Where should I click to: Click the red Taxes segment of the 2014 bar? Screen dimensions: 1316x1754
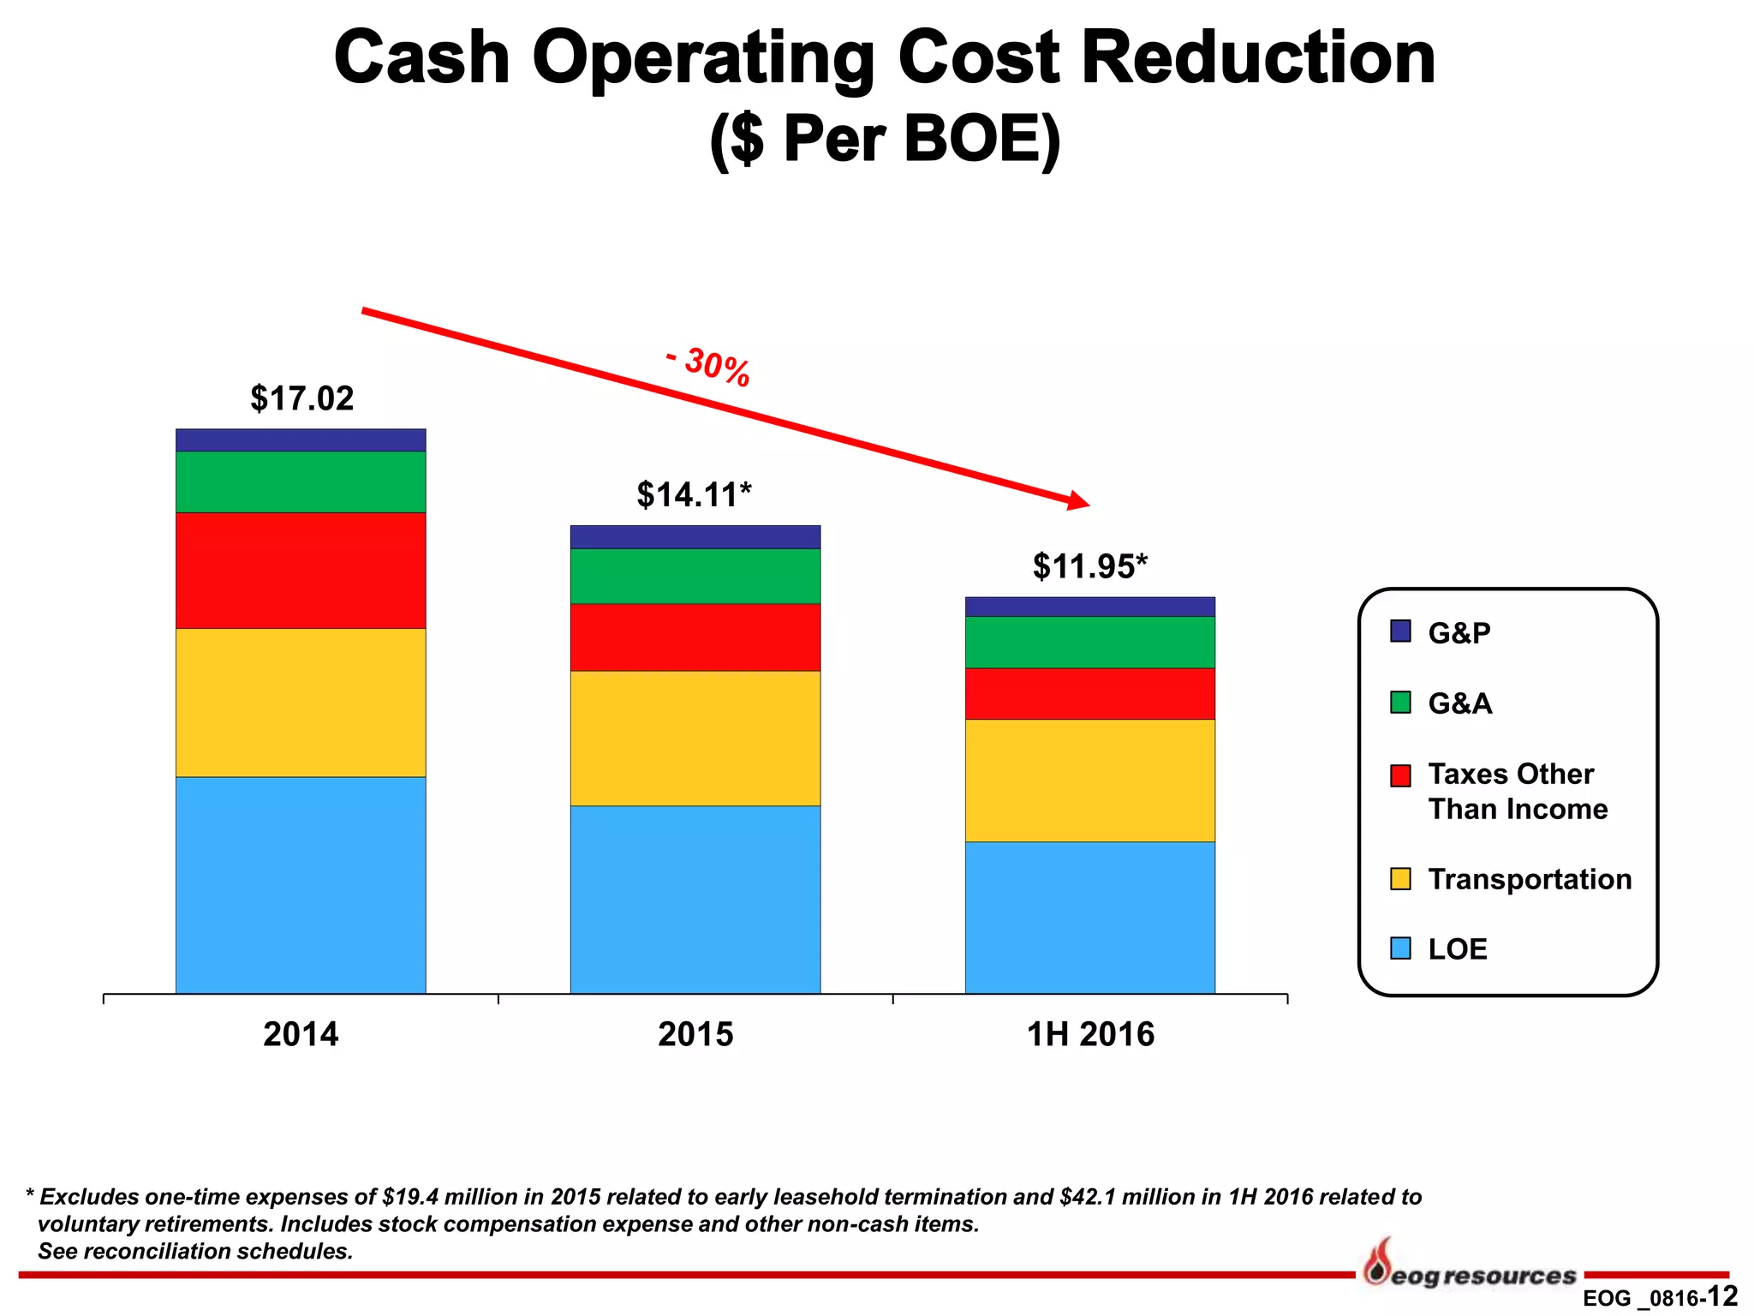point(301,571)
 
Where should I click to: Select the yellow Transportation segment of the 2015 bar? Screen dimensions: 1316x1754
point(695,738)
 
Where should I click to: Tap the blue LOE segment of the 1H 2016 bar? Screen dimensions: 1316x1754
point(1089,918)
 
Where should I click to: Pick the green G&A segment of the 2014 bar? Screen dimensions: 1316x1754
point(301,482)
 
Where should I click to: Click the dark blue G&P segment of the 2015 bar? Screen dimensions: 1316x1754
point(695,537)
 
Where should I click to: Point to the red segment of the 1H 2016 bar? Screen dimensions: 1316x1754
point(1089,693)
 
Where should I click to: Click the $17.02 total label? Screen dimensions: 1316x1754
point(301,399)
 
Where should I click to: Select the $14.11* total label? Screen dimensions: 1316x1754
point(694,495)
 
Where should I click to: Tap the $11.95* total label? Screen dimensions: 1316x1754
point(1089,567)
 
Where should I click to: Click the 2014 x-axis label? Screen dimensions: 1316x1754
point(301,1034)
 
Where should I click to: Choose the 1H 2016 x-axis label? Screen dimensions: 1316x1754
point(1090,1034)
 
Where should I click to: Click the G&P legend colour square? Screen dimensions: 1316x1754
point(1400,631)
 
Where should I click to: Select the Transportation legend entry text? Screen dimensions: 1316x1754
point(1530,879)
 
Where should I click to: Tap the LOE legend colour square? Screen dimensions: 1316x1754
point(1400,948)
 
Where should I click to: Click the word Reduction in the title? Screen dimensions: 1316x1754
point(1258,58)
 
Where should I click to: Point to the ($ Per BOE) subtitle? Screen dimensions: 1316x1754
point(885,139)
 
